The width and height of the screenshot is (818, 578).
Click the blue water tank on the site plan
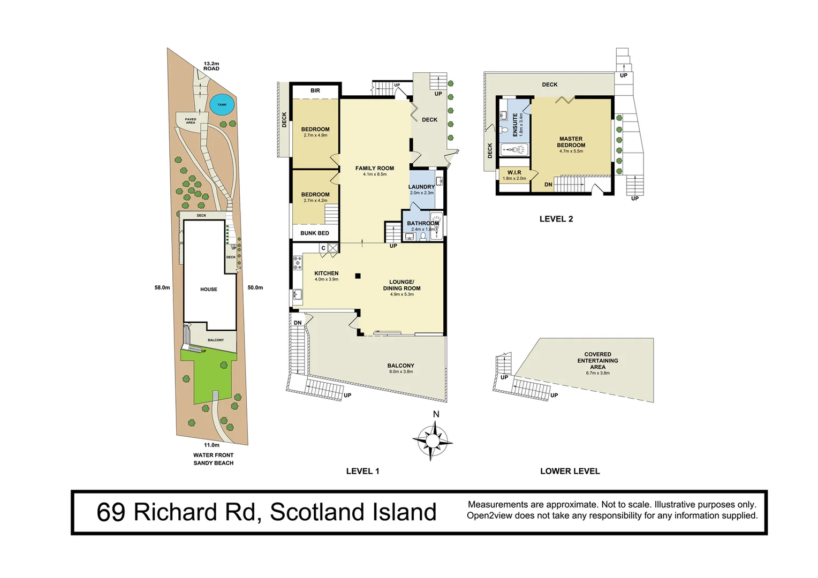[x=222, y=105]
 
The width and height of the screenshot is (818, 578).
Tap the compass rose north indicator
[x=433, y=440]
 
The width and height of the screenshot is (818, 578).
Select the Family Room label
[x=374, y=169]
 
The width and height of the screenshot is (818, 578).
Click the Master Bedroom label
[x=571, y=142]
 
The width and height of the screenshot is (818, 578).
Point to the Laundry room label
[x=421, y=187]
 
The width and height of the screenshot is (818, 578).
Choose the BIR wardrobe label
[x=315, y=91]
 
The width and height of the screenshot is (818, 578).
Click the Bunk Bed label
[x=315, y=233]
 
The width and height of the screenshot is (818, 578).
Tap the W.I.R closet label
[x=514, y=173]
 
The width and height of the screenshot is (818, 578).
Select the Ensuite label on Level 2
[x=516, y=124]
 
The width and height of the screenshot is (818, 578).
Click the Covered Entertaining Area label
[x=597, y=361]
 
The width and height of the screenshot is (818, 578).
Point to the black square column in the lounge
[x=358, y=276]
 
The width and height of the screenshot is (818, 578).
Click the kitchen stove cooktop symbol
[x=298, y=263]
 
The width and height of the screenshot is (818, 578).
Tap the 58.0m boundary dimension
[x=162, y=288]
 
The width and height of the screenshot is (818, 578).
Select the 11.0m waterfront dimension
[x=211, y=445]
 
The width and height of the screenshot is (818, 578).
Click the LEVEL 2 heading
[x=556, y=219]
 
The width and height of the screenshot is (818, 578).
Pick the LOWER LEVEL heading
[x=570, y=471]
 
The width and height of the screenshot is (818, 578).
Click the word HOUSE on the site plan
[x=209, y=290]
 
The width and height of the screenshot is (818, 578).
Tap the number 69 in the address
[x=111, y=513]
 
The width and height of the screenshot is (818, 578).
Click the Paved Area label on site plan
[x=191, y=121]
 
